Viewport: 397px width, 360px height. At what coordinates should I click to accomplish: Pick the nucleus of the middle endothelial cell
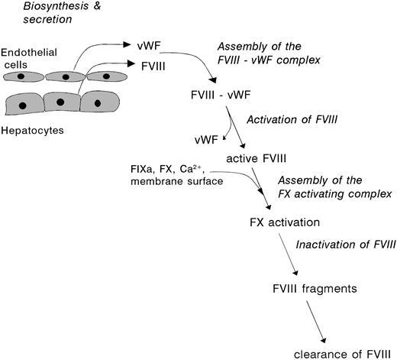69,77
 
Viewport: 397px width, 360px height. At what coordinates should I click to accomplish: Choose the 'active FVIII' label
256,157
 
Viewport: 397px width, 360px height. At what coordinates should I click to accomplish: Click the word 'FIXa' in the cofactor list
143,167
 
